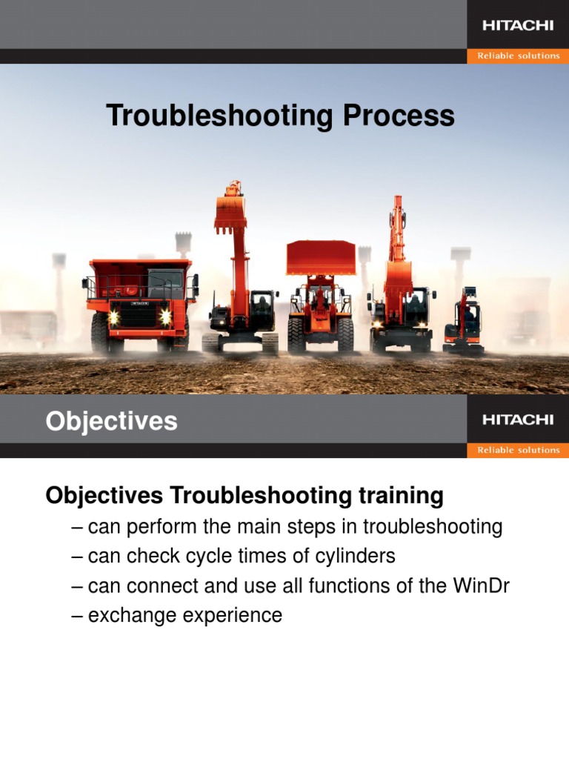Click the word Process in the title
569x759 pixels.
tap(399, 115)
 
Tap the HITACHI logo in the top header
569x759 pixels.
tap(518, 25)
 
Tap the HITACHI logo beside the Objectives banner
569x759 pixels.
tap(518, 420)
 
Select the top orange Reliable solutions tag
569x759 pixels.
tap(518, 56)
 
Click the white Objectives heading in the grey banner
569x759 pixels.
tap(111, 421)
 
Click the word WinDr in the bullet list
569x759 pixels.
tap(481, 586)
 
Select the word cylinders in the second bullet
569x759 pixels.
tap(355, 556)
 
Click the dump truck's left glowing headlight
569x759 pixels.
tap(113, 317)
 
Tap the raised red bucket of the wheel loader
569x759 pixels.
tap(321, 257)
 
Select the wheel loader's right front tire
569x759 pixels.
tap(345, 334)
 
